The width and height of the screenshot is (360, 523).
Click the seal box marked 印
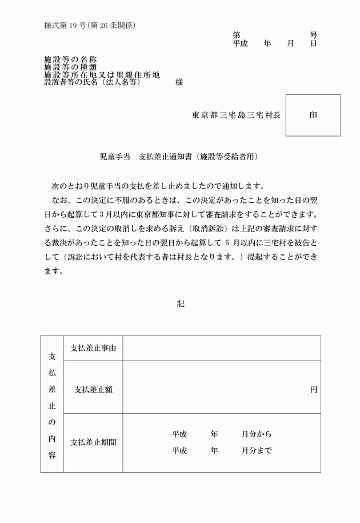pos(313,115)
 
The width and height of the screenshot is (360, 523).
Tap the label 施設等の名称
pos(71,59)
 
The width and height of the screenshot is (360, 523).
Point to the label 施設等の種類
pos(71,67)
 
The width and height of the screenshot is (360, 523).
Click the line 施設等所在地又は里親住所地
pos(102,75)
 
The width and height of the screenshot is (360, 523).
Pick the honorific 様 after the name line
pos(179,82)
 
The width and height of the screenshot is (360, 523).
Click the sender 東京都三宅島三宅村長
pos(236,115)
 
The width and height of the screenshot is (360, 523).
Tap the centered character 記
pos(180,304)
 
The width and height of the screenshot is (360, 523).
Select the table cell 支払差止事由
pos(93,348)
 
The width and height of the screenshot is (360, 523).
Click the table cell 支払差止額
pos(93,389)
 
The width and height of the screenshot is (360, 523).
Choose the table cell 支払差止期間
pos(93,442)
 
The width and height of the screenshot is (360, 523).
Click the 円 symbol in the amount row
pos(314,389)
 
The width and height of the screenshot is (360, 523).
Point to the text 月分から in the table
pos(257,434)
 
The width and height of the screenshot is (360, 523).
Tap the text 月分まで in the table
pos(257,451)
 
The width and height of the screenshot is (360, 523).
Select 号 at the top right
pos(314,35)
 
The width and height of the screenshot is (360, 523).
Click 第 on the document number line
pos(236,35)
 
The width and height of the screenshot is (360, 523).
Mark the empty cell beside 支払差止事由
pos(221,348)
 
